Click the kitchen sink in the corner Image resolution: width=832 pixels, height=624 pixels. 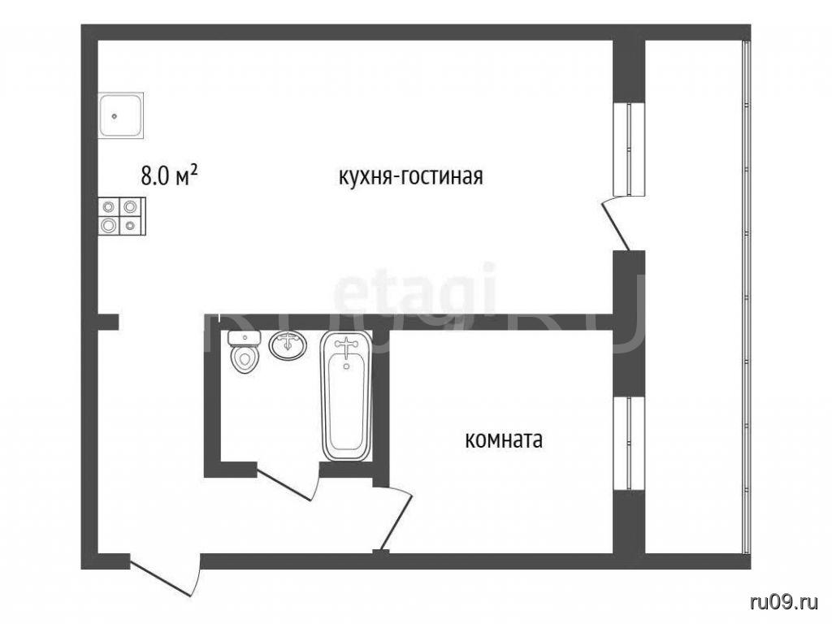121,115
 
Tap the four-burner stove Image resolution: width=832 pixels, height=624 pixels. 122,216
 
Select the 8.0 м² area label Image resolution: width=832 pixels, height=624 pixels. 170,175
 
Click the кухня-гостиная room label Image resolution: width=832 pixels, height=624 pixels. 411,176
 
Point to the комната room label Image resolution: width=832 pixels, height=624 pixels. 504,440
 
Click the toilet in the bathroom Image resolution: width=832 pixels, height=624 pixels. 244,351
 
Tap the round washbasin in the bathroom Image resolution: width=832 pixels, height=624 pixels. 288,344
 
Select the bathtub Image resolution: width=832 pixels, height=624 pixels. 346,396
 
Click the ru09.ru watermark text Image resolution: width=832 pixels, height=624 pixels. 784,602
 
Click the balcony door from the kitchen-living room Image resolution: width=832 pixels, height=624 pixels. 616,223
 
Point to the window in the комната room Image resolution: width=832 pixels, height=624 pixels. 630,443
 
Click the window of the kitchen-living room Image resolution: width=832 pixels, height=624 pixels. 630,149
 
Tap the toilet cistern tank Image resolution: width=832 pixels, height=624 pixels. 244,338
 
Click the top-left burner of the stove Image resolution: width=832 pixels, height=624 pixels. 110,206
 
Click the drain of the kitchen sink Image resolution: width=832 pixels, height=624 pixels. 114,115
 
